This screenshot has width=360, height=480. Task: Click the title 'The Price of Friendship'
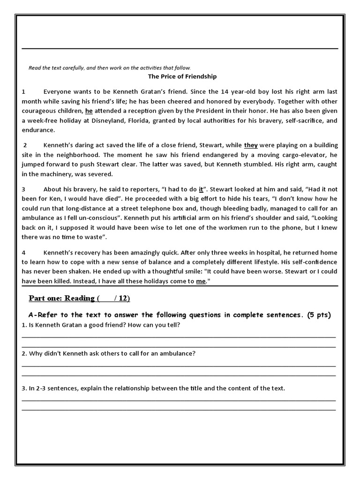click(x=182, y=76)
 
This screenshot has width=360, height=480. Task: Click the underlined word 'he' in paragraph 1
click(x=89, y=111)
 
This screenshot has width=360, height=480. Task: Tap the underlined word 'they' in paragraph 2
click(x=251, y=145)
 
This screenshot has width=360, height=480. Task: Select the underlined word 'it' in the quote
click(x=201, y=189)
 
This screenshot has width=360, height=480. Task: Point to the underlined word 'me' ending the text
click(x=201, y=281)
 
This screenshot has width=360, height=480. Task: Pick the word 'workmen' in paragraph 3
click(x=208, y=228)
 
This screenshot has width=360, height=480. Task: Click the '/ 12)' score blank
click(x=120, y=298)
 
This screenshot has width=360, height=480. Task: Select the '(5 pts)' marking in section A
click(x=319, y=315)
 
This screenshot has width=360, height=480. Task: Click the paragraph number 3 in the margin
click(x=23, y=189)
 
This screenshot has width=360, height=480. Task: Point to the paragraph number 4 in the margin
click(x=23, y=252)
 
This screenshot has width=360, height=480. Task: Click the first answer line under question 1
click(x=179, y=337)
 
